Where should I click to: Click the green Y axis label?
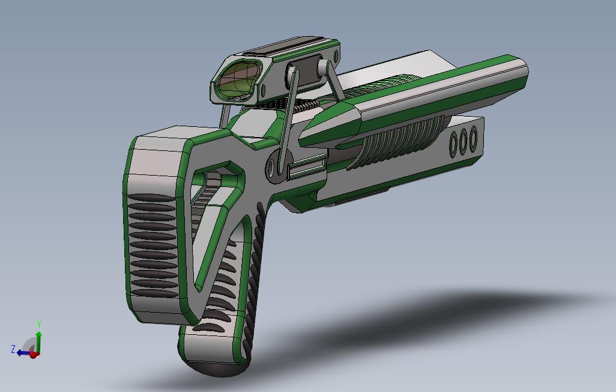pyautogui.click(x=39, y=325)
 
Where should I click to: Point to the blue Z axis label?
pyautogui.click(x=13, y=349)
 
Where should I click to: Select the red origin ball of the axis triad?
pyautogui.click(x=34, y=354)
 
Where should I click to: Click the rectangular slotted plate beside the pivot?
pyautogui.click(x=307, y=167)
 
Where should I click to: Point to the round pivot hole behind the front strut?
pyautogui.click(x=274, y=167)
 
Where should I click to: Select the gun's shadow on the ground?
pyautogui.click(x=420, y=325)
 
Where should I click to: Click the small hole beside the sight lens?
pyautogui.click(x=263, y=91)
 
